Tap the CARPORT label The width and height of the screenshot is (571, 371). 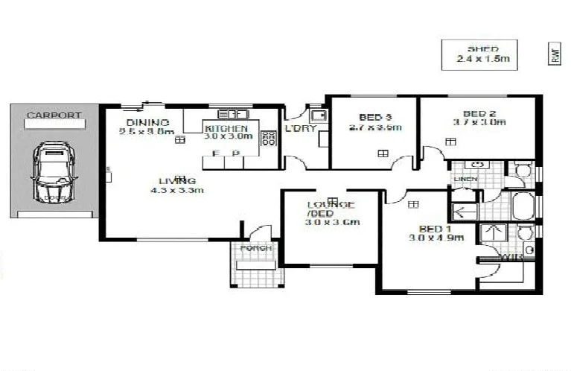[x=54, y=115]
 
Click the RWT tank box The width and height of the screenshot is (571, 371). [x=554, y=54]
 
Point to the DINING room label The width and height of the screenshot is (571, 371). [x=147, y=122]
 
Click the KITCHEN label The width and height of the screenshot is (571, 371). [x=226, y=128]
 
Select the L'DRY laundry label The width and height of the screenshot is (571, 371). [x=301, y=128]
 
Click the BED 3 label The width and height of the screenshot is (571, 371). [x=374, y=117]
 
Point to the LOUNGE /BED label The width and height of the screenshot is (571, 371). [x=331, y=209]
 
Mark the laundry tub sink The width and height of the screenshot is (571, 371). [x=319, y=115]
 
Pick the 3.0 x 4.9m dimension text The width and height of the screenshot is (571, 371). [x=436, y=238]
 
